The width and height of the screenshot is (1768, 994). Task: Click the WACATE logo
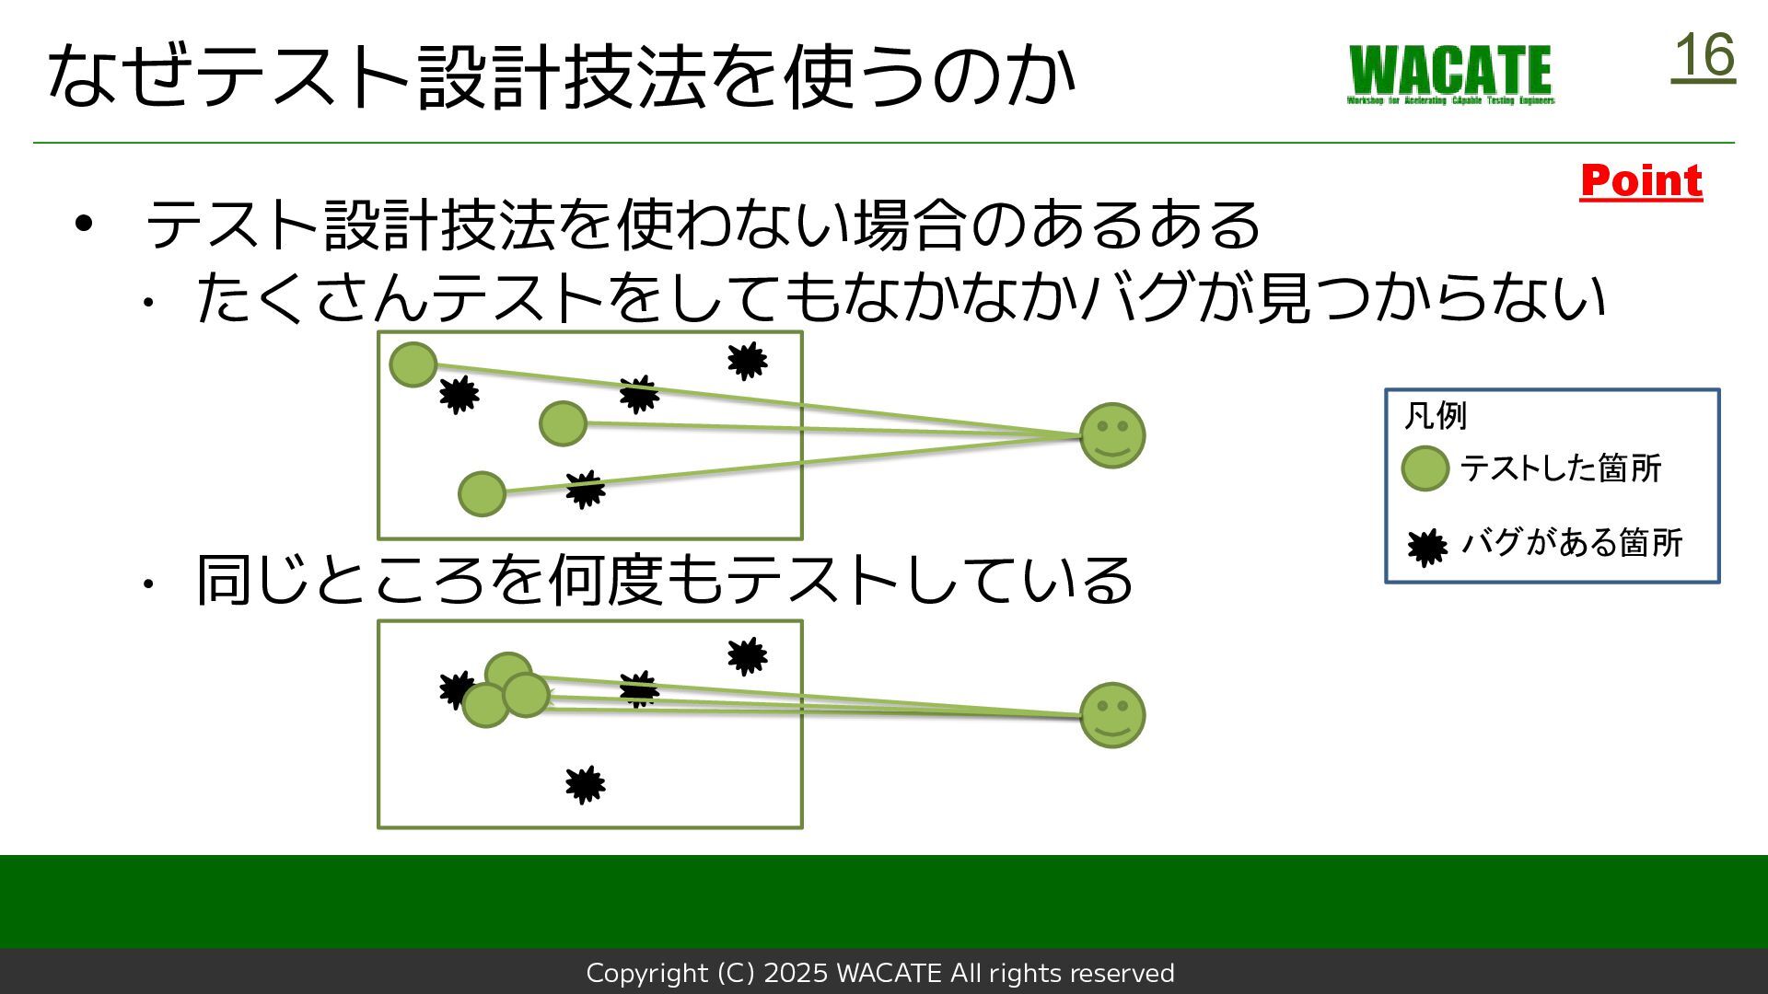click(1451, 74)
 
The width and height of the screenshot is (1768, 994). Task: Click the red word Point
click(1641, 180)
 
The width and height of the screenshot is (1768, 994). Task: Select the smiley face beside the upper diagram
click(1112, 435)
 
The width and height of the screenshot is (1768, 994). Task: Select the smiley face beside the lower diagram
click(1112, 715)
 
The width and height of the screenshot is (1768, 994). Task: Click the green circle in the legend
click(1425, 468)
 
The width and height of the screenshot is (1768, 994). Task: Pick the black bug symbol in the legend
click(1426, 547)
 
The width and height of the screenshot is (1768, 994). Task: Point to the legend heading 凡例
click(1435, 416)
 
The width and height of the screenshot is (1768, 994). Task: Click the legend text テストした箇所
click(1561, 468)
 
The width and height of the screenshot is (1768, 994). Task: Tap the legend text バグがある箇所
click(1572, 543)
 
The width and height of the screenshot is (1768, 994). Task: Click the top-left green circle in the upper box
click(413, 364)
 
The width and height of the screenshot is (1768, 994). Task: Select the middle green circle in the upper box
click(563, 423)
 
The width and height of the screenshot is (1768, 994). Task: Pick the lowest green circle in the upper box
click(482, 494)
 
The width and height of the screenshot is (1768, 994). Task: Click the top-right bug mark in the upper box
click(747, 361)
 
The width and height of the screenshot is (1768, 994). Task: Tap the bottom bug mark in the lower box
click(585, 785)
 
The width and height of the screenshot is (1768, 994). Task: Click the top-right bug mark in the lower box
click(747, 656)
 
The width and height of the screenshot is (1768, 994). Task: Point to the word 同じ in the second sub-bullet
click(253, 580)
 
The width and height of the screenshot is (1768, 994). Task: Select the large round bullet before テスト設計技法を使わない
click(84, 224)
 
